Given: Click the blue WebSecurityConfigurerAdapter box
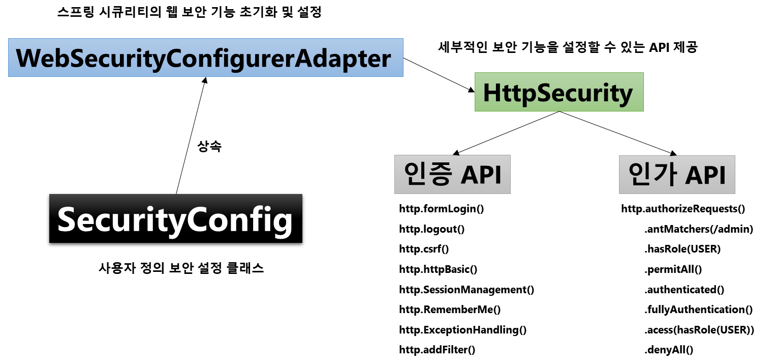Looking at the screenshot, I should (x=205, y=58).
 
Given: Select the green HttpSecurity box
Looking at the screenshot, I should (x=558, y=92).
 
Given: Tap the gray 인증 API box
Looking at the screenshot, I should (x=452, y=175).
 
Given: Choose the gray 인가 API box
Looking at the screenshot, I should (x=677, y=175).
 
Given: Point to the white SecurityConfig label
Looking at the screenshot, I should (x=175, y=219).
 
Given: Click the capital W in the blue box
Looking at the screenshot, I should (x=27, y=59).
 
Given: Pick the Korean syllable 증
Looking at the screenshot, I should (x=440, y=175).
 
